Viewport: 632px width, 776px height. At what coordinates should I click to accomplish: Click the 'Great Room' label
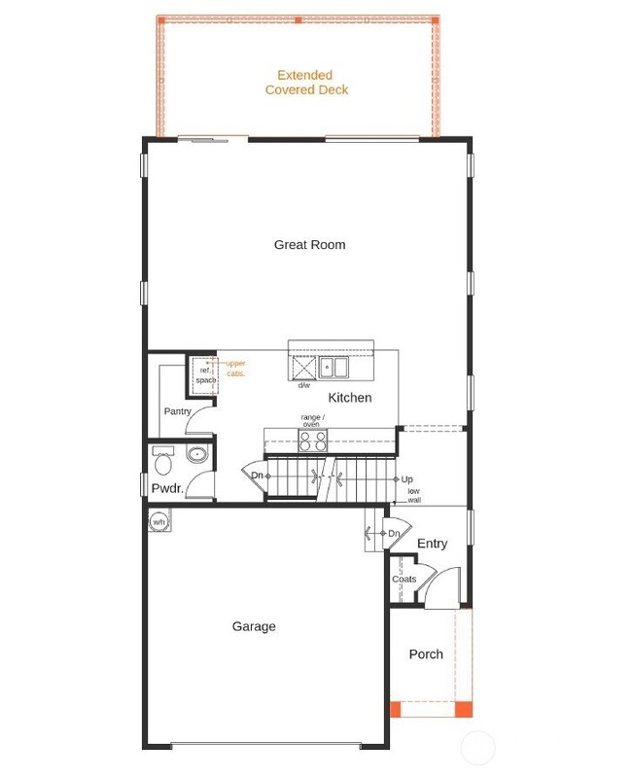tap(309, 245)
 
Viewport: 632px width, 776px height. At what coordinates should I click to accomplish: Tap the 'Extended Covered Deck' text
tap(306, 83)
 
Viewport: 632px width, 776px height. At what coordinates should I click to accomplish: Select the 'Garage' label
tap(254, 627)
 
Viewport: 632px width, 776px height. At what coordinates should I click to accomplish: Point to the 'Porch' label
tap(426, 654)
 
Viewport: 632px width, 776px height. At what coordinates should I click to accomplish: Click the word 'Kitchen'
tap(349, 398)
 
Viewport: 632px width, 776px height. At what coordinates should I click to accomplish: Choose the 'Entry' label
tap(432, 544)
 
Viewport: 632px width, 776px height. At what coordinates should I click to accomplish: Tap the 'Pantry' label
tap(178, 411)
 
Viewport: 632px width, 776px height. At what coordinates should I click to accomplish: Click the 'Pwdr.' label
tap(167, 488)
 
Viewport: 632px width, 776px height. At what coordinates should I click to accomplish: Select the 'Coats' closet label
tap(404, 580)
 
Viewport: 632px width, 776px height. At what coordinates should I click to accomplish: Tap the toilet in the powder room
tap(163, 455)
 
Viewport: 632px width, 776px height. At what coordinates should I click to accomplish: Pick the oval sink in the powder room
tap(197, 454)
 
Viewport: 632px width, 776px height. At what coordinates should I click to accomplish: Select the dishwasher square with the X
tap(303, 369)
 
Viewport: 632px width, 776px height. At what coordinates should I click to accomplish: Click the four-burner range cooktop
tap(312, 441)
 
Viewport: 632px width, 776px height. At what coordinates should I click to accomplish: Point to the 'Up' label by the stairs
tap(406, 479)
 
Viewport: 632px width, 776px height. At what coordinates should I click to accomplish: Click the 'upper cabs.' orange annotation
tap(235, 369)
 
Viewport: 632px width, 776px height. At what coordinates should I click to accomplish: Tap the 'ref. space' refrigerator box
tap(204, 374)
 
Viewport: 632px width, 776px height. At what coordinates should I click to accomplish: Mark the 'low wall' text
tap(414, 495)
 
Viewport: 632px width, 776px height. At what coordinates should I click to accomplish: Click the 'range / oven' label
tap(312, 421)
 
